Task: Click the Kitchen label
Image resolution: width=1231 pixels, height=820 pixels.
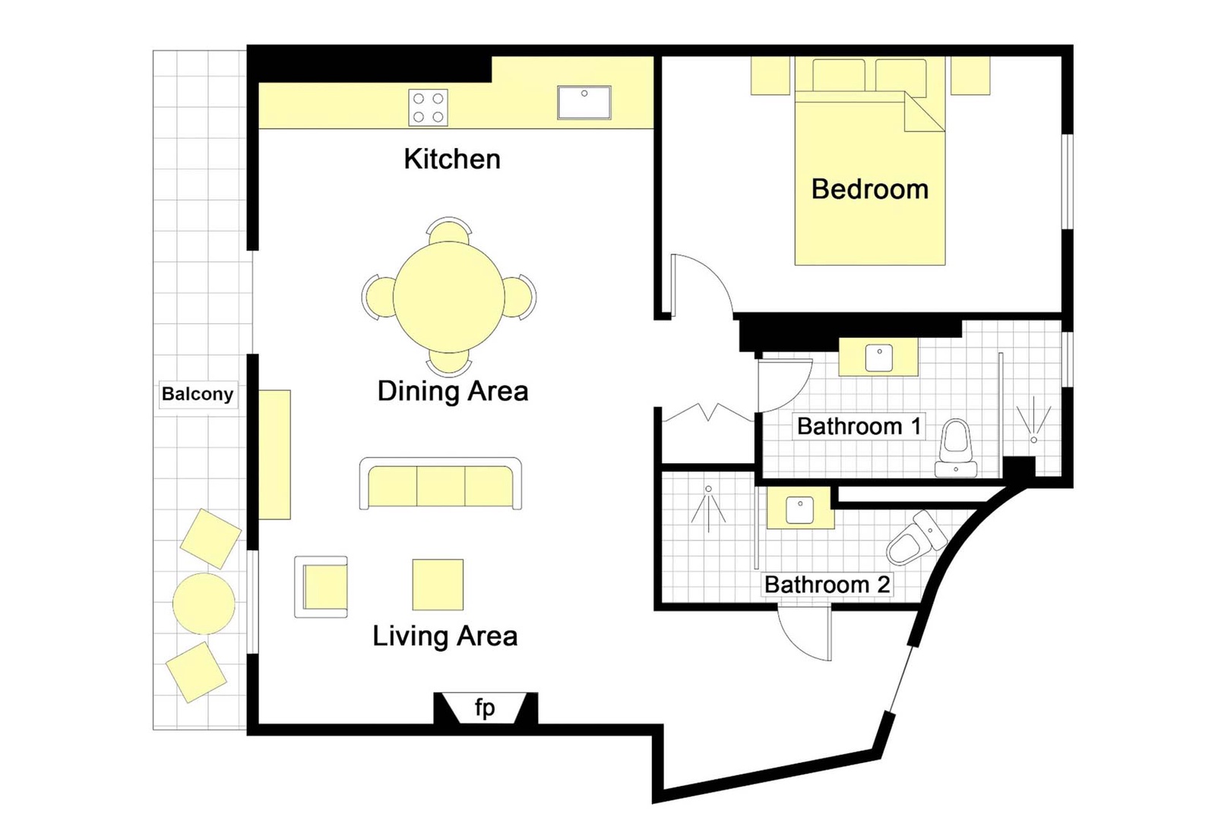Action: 451,159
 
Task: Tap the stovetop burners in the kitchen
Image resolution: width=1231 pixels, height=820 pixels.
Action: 428,108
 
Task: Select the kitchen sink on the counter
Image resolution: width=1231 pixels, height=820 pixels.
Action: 584,103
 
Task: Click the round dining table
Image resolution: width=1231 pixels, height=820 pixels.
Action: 449,296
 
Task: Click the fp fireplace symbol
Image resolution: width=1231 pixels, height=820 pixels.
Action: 485,708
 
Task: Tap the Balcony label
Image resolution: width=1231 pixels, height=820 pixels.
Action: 198,394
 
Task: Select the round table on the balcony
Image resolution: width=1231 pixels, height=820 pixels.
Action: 204,604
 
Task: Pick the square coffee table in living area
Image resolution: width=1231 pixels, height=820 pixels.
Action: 438,585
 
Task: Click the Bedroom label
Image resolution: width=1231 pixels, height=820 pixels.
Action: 869,189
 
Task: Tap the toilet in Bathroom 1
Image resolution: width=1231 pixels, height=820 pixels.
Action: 957,449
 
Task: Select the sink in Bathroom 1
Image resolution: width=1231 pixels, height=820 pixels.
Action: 879,358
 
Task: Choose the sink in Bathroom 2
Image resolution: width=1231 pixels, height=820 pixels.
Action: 799,509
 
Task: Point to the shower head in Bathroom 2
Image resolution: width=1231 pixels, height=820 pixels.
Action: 708,506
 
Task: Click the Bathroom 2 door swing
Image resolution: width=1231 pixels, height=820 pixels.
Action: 804,634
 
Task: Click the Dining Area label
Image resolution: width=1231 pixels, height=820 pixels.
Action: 453,392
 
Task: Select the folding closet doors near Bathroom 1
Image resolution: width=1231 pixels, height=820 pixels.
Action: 709,414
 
